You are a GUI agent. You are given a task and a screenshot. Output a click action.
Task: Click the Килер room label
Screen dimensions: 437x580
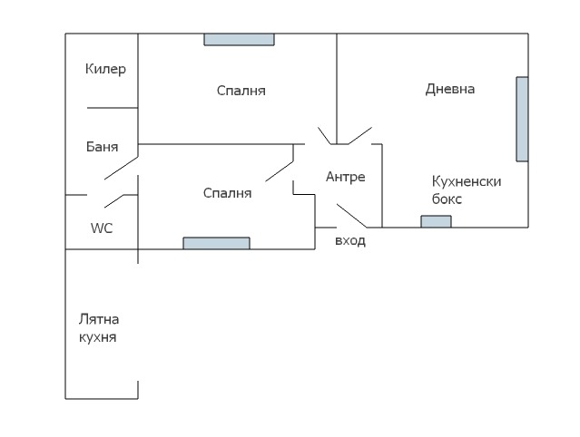tap(105, 69)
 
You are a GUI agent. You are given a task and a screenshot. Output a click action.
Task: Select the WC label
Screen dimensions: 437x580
tap(101, 228)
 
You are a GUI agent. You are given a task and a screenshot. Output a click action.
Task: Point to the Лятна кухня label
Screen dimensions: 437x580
tap(98, 328)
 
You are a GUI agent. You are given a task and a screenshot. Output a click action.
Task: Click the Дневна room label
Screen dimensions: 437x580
tap(450, 89)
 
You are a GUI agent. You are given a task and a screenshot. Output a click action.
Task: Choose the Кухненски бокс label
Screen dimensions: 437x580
tap(467, 189)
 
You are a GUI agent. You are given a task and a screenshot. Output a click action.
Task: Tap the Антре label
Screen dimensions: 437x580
tap(345, 177)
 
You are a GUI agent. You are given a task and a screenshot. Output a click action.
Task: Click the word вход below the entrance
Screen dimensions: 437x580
tap(350, 241)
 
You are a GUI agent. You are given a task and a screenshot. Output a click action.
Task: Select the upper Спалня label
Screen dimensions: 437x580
tap(241, 91)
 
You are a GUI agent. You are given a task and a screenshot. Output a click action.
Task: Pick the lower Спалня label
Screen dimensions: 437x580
tap(227, 193)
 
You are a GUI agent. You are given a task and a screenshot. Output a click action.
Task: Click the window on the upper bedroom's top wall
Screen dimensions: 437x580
tap(239, 39)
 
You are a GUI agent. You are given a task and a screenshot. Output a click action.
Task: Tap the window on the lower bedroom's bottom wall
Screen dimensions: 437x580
tap(216, 243)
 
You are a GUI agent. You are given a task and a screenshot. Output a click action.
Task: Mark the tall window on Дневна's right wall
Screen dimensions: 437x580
tap(522, 119)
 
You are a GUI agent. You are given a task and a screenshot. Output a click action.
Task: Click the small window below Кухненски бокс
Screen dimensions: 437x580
tap(436, 221)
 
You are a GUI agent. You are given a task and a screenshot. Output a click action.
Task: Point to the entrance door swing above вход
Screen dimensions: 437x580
tap(352, 216)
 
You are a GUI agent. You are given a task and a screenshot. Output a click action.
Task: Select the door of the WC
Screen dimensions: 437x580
tap(113, 199)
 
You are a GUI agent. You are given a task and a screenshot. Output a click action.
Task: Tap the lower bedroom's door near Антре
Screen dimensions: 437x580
tap(279, 170)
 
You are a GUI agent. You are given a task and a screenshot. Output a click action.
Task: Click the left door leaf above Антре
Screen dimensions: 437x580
tap(326, 136)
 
